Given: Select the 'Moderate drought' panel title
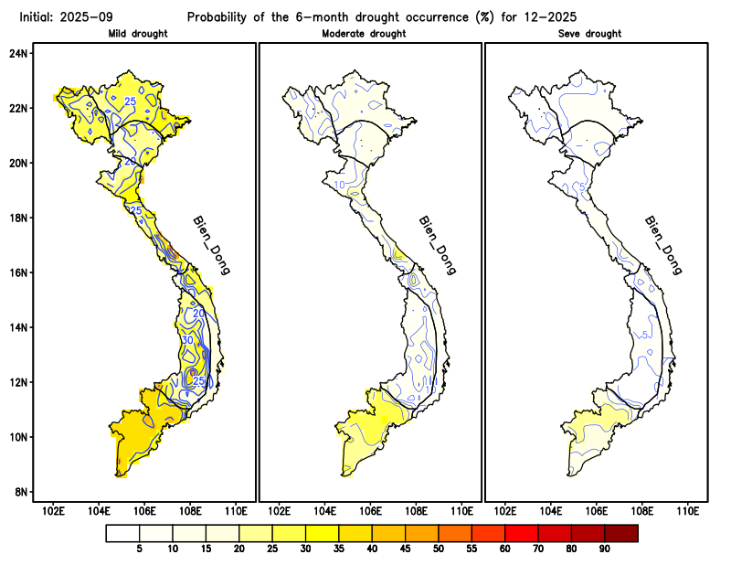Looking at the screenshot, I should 365,34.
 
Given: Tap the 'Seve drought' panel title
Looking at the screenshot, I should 589,34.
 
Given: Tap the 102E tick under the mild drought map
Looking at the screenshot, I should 54,510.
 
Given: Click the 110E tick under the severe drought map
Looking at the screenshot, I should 687,510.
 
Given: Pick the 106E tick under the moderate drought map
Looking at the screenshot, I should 370,510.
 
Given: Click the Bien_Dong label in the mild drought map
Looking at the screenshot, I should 211,245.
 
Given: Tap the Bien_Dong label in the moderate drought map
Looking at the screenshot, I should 437,245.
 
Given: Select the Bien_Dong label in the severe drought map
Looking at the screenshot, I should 662,245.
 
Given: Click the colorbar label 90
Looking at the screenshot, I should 604,549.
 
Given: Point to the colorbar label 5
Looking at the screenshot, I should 139,549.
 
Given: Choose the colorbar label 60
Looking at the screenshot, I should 504,549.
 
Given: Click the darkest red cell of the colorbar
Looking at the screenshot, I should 620,532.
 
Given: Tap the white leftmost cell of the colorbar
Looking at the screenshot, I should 122,532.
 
